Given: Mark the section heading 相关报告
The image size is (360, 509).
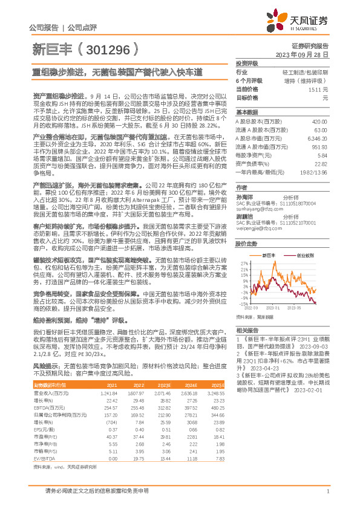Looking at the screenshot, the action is [x=247, y=330].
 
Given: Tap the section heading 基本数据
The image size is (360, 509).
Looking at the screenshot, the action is [x=247, y=112].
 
